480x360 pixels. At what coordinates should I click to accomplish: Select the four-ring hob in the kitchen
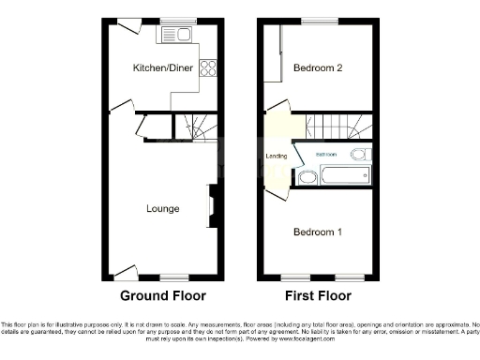click(209, 67)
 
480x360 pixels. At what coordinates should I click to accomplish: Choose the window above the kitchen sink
click(173, 22)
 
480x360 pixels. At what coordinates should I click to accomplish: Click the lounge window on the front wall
click(174, 277)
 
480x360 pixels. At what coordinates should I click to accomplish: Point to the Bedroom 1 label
click(316, 232)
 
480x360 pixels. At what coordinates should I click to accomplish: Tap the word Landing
click(276, 156)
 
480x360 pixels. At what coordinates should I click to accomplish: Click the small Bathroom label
click(325, 153)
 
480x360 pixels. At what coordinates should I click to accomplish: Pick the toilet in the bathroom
click(360, 155)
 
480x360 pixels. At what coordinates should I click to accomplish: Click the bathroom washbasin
click(307, 178)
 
